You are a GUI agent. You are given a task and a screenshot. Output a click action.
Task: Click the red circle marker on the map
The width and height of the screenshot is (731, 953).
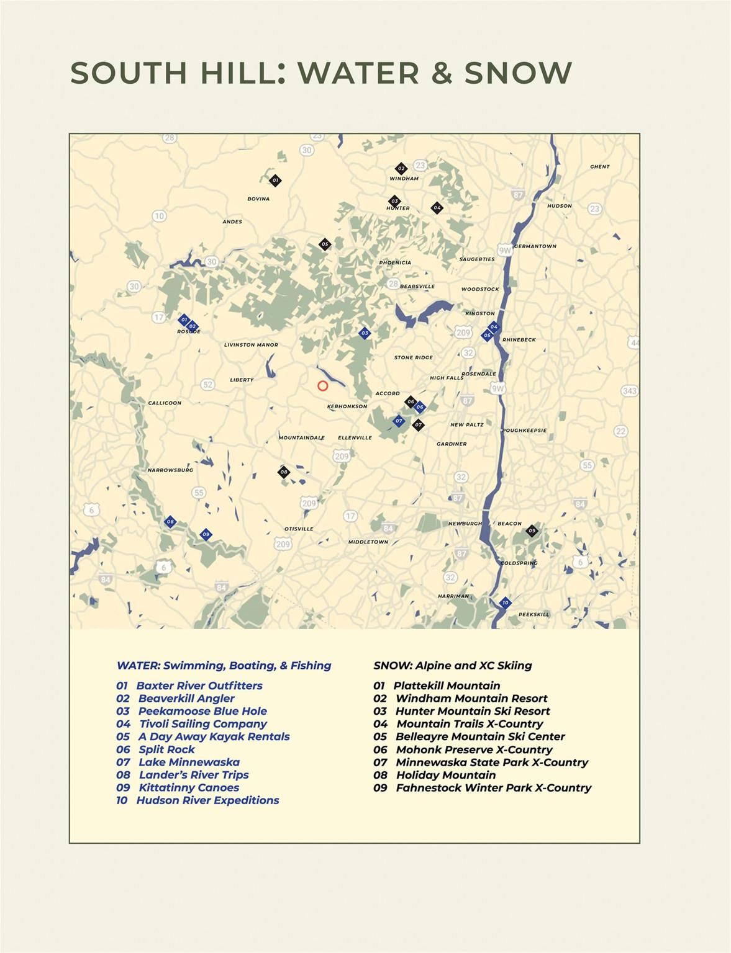tap(322, 386)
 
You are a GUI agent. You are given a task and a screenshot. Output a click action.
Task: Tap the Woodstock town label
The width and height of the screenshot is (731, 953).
tap(480, 289)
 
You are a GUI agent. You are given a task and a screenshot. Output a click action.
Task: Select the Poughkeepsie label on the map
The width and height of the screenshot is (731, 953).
tap(524, 430)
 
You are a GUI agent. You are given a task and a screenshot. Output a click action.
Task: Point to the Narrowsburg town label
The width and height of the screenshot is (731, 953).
tap(170, 470)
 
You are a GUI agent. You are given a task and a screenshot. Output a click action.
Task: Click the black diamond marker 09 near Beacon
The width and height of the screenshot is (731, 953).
tap(532, 530)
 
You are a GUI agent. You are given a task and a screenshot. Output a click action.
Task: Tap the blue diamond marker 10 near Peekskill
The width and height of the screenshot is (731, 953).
tap(505, 602)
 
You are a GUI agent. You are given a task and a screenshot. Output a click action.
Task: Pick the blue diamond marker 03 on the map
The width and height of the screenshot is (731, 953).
tap(365, 333)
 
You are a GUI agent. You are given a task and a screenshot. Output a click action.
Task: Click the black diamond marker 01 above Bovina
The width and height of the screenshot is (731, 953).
tap(275, 181)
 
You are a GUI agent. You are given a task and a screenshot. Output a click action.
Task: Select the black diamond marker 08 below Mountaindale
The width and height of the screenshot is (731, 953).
tap(284, 472)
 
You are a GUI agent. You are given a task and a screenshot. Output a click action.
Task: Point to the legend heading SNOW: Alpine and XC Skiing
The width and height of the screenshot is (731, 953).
tap(452, 666)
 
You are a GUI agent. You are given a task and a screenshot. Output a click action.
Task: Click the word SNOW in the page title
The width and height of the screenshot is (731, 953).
tap(518, 73)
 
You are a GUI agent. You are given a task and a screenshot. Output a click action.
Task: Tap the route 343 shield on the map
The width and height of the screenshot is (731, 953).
tap(630, 391)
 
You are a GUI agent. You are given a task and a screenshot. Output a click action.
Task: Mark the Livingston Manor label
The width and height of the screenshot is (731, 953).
tap(251, 345)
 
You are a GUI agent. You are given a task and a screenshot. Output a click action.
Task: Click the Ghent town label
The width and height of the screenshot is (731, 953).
tap(600, 167)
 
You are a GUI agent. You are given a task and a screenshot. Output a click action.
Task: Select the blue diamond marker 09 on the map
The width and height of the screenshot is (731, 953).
tap(206, 534)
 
